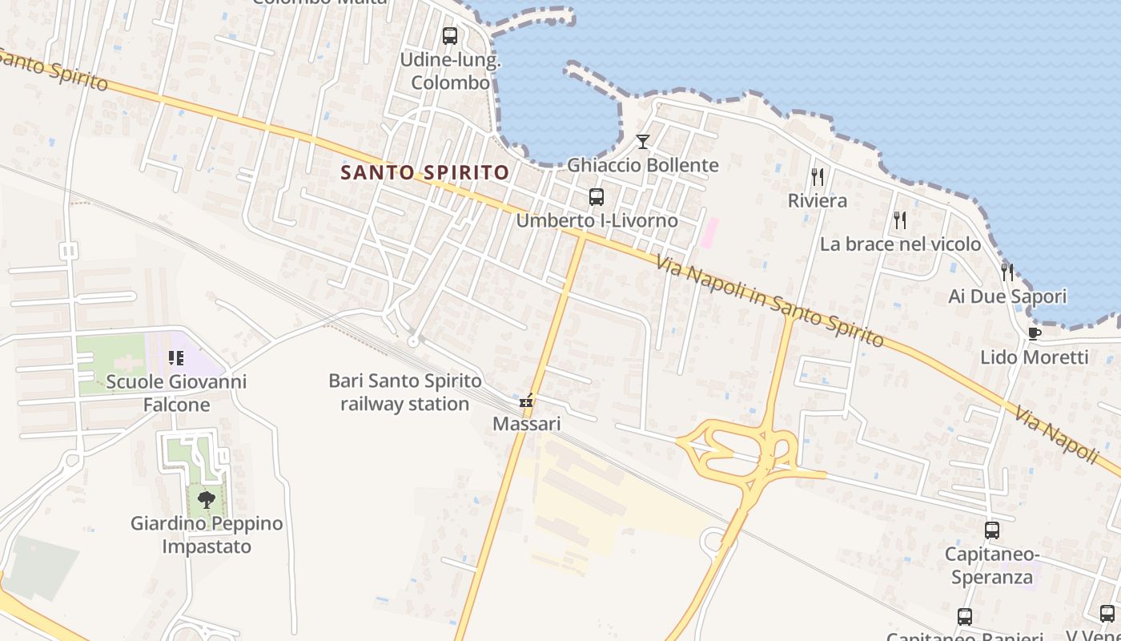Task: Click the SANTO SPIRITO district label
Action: click(x=424, y=172)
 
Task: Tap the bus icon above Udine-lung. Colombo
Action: click(x=450, y=36)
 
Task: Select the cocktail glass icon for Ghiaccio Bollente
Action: click(x=642, y=142)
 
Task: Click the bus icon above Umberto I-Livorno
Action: click(x=596, y=197)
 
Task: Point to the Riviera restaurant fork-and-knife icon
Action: click(x=818, y=176)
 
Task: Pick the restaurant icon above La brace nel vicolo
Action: click(x=900, y=220)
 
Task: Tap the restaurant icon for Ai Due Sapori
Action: click(x=1007, y=272)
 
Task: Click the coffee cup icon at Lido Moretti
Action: click(x=1034, y=333)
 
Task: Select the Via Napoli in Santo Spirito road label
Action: click(x=769, y=301)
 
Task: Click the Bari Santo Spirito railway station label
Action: click(x=405, y=392)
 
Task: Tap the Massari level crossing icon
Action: click(x=526, y=401)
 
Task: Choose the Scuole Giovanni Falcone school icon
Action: click(x=176, y=358)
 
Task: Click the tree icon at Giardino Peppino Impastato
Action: click(x=207, y=500)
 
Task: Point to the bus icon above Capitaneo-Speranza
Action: click(x=991, y=530)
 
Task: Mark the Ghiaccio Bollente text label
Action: click(x=643, y=165)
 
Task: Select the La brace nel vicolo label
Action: click(x=900, y=244)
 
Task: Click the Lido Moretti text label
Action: click(x=1035, y=357)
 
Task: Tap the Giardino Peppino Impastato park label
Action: click(x=207, y=535)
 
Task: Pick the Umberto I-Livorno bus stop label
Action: click(x=597, y=220)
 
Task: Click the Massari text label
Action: click(x=526, y=423)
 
